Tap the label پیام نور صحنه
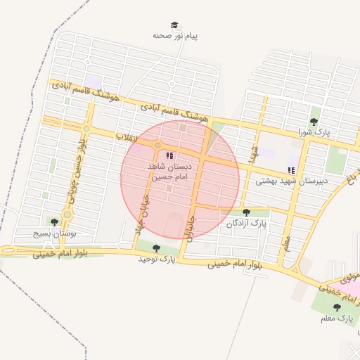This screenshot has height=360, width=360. point(175,35)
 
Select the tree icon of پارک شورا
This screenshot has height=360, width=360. point(314,122)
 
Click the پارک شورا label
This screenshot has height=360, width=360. point(314,131)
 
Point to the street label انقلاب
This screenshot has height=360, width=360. point(129,139)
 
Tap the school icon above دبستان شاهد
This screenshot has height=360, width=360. point(169,155)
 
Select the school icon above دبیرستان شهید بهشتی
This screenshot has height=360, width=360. point(291,170)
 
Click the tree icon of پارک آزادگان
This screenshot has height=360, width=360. point(246,212)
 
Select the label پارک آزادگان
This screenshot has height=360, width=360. point(247,223)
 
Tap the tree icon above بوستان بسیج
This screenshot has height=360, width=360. point(54,222)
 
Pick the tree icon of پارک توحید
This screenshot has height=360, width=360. point(156,248)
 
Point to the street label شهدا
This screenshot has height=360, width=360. point(252,152)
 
